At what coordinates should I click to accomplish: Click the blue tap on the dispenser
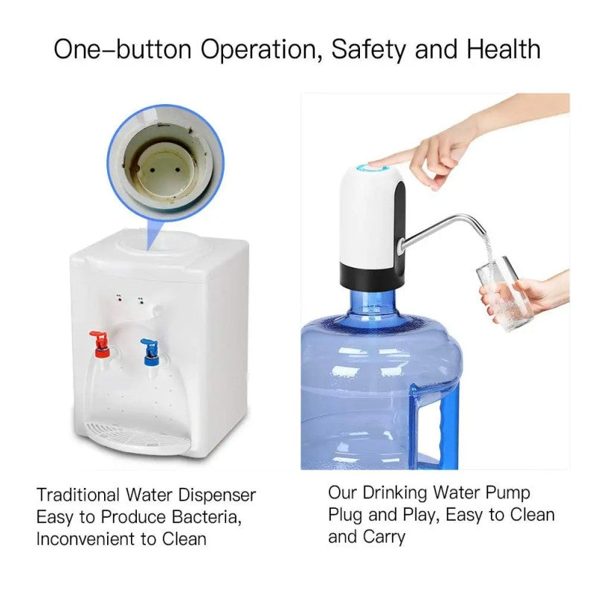click(x=149, y=347)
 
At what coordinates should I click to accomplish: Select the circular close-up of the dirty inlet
click(x=164, y=163)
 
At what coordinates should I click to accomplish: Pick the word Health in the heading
click(x=504, y=50)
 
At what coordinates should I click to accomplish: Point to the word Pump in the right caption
click(x=509, y=493)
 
